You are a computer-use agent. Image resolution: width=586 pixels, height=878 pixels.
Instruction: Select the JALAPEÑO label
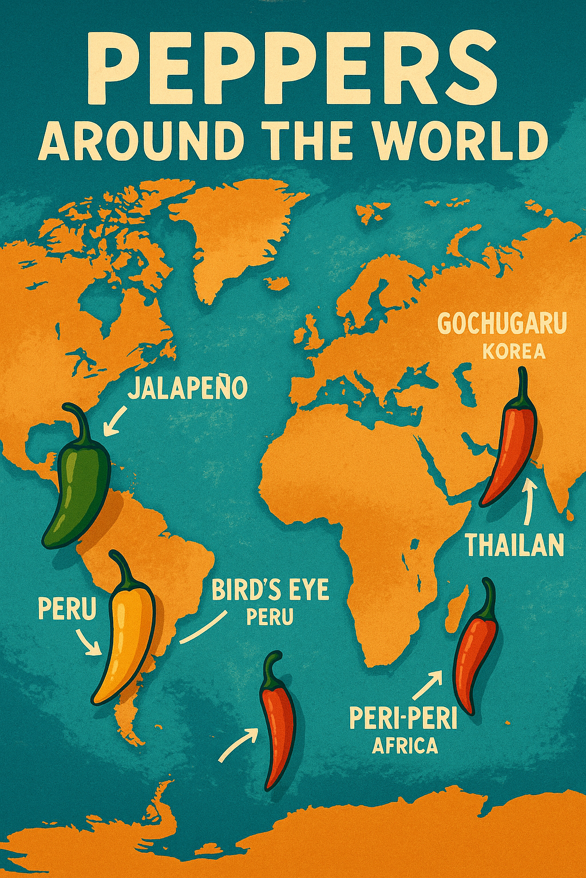[187, 388]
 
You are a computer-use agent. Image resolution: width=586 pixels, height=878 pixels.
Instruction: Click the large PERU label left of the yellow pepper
[67, 609]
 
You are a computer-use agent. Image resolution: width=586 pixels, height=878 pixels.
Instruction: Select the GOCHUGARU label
[502, 324]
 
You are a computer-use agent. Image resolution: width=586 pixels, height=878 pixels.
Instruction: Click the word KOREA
[513, 351]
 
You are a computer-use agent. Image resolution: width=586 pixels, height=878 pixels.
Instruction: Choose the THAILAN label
[514, 545]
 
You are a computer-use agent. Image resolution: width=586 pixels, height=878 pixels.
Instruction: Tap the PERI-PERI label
[403, 719]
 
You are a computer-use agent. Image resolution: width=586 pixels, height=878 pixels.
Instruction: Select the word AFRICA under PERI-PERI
[405, 745]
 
